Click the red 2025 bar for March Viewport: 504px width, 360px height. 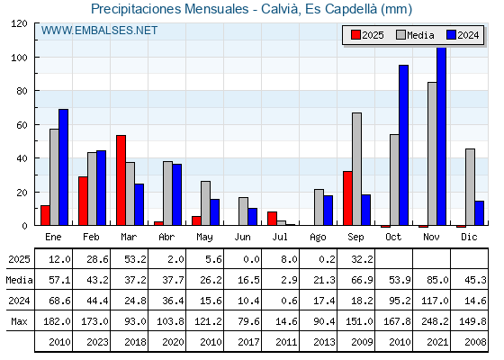pyautogui.click(x=121, y=180)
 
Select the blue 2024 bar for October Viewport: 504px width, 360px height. pyautogui.click(x=404, y=145)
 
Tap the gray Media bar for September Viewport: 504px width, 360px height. pyautogui.click(x=356, y=169)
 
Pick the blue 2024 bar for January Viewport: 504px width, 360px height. pyautogui.click(x=63, y=167)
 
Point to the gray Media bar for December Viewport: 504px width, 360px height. pyautogui.click(x=470, y=187)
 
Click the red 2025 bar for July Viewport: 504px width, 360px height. pyautogui.click(x=272, y=219)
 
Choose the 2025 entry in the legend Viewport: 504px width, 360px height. pyautogui.click(x=367, y=35)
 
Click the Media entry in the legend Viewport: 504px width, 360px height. pyautogui.click(x=415, y=35)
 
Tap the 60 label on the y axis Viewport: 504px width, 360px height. pyautogui.click(x=22, y=125)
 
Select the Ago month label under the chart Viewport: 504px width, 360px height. pyautogui.click(x=318, y=238)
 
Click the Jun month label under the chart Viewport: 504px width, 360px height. pyautogui.click(x=242, y=238)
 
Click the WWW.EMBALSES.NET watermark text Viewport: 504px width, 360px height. pyautogui.click(x=99, y=31)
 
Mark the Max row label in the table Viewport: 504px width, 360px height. pyautogui.click(x=19, y=321)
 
